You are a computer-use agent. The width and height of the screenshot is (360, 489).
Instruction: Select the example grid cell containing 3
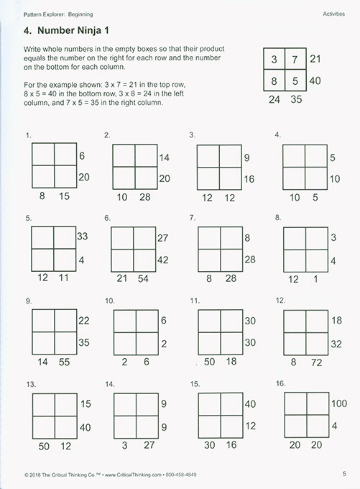click(274, 59)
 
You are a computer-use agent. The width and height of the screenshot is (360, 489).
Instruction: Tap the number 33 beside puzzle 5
click(83, 236)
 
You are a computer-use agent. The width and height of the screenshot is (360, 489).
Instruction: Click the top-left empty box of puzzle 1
click(43, 154)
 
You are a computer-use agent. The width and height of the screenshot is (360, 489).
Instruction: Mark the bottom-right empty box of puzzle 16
click(317, 426)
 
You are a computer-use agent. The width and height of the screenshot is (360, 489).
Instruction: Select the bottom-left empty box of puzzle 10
click(124, 343)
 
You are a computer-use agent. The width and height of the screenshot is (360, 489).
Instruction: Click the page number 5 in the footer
click(346, 473)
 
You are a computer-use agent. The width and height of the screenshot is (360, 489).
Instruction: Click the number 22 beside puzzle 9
click(83, 320)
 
